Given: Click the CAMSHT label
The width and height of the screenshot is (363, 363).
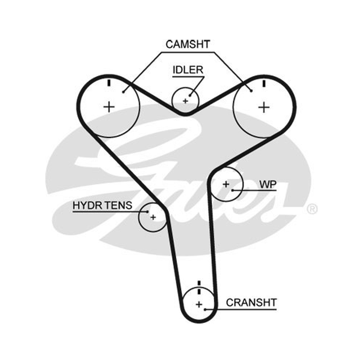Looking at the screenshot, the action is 188,44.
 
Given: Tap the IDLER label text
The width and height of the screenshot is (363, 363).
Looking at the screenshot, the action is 188,70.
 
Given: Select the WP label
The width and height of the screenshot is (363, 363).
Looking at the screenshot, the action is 268,185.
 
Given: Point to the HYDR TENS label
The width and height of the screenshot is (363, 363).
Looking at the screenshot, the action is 103,206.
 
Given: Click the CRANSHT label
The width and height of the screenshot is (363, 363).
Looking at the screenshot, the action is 251,303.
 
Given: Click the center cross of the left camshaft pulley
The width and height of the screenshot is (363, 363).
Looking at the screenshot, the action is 109,107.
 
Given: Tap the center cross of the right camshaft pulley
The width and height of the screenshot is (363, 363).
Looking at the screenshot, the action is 264,108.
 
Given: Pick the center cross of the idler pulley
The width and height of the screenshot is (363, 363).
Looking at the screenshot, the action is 185,101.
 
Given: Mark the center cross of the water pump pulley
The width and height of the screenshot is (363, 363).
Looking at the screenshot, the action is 226,184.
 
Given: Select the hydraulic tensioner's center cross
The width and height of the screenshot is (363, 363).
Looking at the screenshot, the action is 153,217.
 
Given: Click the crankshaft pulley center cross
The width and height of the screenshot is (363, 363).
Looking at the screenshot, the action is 199,304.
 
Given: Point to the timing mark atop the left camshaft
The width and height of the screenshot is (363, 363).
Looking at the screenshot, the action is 109,83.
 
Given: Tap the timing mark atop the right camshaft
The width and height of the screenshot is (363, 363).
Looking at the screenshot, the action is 264,83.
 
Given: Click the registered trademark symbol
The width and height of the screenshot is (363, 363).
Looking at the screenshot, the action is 312,209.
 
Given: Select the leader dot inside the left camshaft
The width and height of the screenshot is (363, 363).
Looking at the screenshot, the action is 123,92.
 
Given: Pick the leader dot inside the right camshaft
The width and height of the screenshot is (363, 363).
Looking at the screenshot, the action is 251,91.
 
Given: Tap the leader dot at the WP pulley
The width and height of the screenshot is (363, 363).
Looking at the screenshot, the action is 233,190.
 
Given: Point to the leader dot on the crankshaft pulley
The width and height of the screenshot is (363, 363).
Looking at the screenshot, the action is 205,309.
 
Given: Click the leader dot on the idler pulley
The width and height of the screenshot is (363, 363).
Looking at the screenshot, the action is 190,95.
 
